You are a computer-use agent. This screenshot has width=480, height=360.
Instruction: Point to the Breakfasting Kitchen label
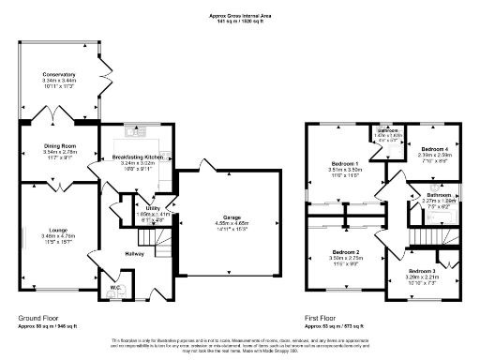[139, 157]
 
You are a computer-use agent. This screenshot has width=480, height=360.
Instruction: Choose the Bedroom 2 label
[345, 252]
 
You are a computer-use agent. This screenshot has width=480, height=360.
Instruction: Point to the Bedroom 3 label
[421, 270]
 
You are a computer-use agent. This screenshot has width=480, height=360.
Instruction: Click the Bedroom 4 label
[432, 150]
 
